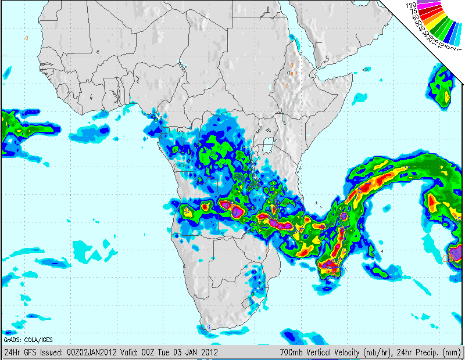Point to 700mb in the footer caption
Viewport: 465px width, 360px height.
coord(290,352)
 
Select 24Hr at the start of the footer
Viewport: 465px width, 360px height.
coord(11,352)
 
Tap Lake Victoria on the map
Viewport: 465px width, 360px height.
coord(268,145)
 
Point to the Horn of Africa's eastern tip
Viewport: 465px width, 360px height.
coord(353,74)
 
